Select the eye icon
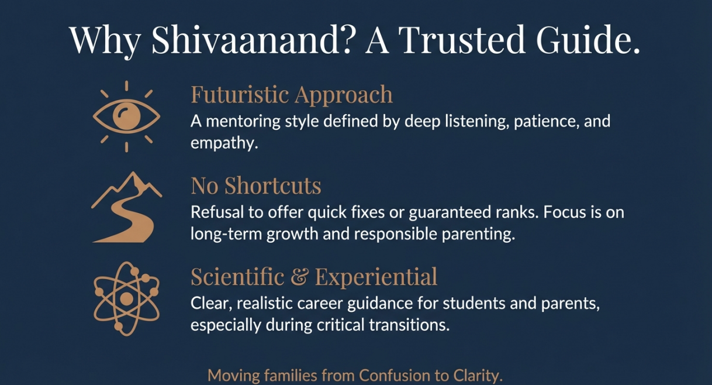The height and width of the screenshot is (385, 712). [x=126, y=116]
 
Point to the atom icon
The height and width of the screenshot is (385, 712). [x=126, y=299]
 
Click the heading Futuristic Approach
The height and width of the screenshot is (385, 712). [x=292, y=95]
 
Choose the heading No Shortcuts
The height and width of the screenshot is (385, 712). [x=256, y=186]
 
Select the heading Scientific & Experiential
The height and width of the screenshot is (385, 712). [x=314, y=277]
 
